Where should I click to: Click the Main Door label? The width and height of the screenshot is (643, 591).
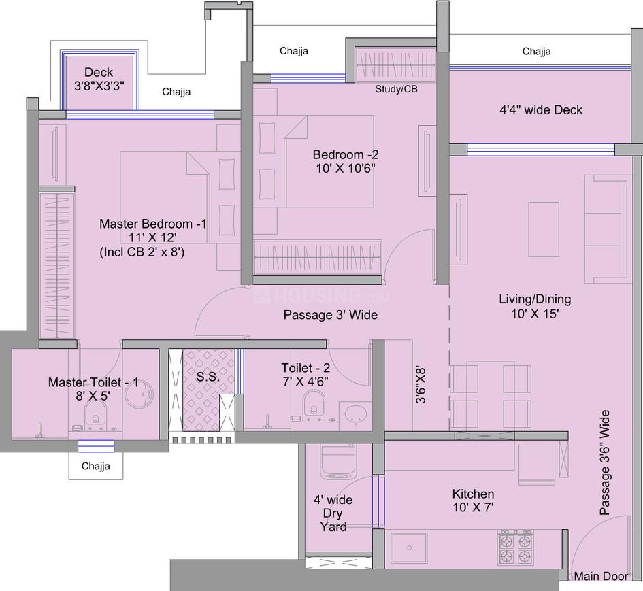click(x=601, y=577)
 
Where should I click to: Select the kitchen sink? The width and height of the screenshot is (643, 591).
click(x=409, y=548)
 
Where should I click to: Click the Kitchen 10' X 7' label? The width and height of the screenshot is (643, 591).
click(x=473, y=501)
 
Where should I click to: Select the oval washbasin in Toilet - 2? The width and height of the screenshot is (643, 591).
click(x=353, y=414)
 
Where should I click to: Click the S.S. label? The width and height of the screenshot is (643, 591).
click(x=208, y=377)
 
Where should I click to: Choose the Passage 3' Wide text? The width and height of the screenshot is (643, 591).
click(x=330, y=315)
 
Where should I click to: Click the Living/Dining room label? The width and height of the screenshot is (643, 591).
click(x=535, y=306)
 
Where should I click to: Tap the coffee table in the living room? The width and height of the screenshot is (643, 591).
click(x=543, y=229)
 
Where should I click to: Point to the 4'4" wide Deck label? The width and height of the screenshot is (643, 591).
click(x=541, y=109)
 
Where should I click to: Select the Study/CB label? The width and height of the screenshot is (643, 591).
click(x=396, y=90)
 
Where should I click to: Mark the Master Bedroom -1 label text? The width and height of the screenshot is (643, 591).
click(x=153, y=237)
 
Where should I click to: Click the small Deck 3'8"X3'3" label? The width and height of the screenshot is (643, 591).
click(x=99, y=80)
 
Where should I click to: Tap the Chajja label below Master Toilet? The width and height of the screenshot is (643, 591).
click(x=95, y=467)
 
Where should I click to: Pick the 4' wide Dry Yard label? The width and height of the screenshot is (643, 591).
click(x=333, y=513)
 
